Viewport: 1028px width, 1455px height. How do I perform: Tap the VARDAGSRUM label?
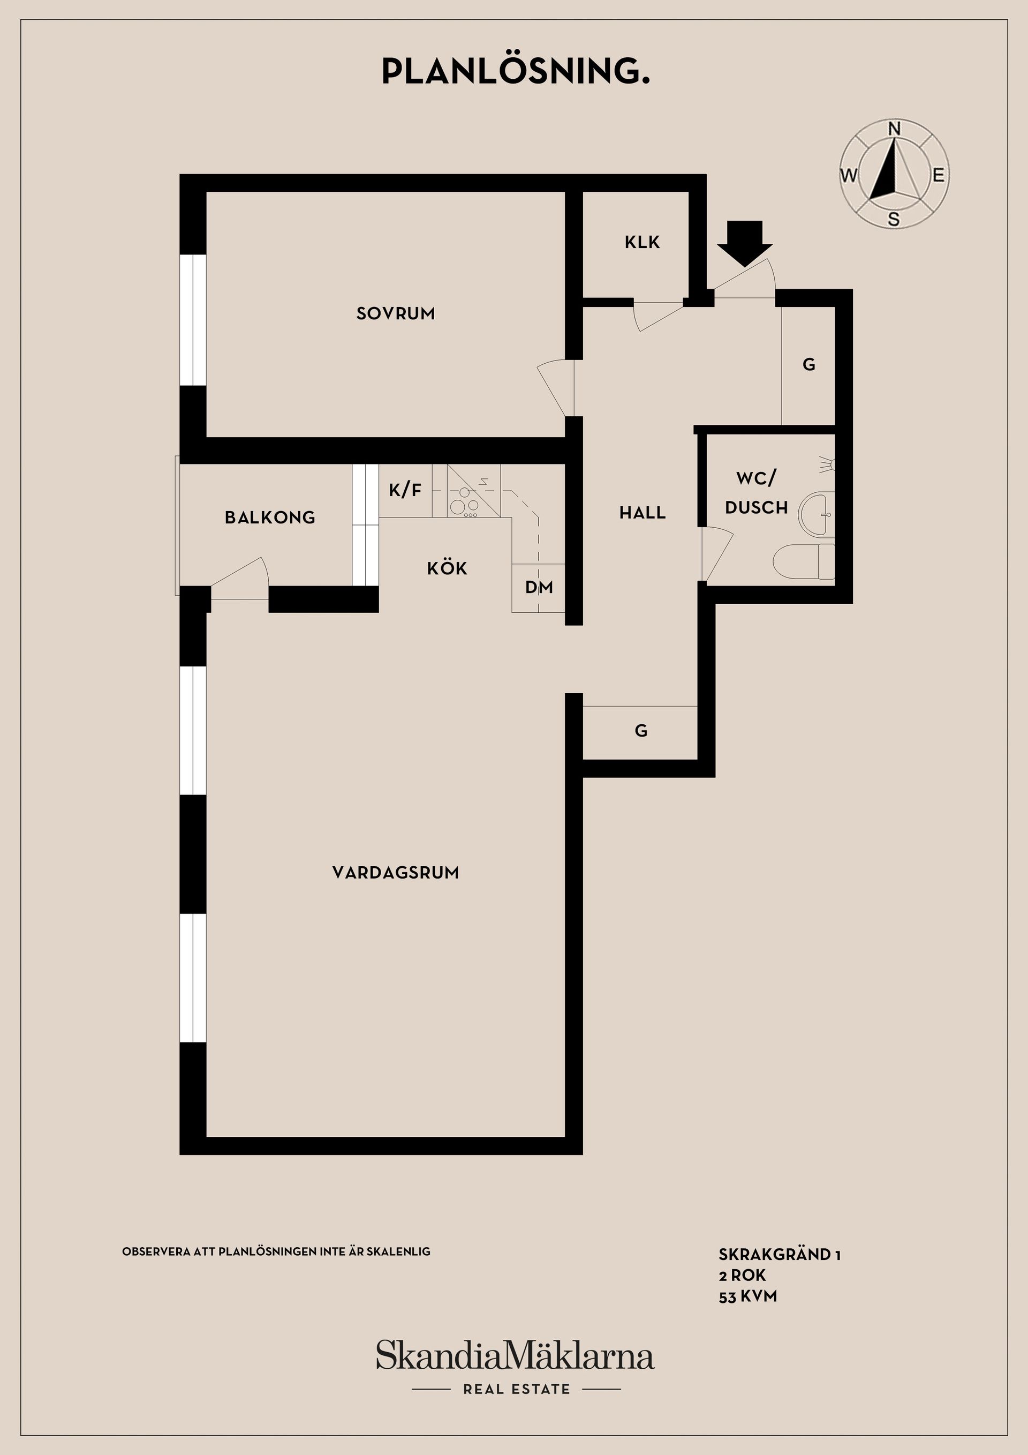click(395, 873)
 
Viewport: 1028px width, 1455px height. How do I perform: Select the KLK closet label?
click(641, 242)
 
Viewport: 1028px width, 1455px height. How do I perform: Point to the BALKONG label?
click(270, 517)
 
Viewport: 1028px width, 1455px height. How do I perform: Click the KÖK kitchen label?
click(447, 568)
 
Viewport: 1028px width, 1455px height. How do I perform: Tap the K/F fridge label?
click(405, 489)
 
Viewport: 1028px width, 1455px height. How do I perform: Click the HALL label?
click(642, 513)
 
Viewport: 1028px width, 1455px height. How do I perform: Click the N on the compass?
click(894, 129)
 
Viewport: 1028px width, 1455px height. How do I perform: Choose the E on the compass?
click(938, 175)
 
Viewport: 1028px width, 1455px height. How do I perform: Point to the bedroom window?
click(193, 320)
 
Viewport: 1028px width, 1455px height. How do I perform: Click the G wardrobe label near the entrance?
click(809, 364)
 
